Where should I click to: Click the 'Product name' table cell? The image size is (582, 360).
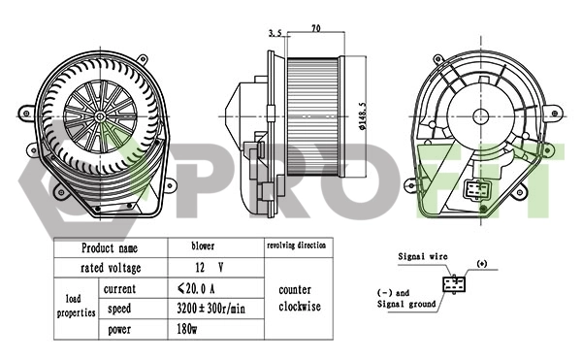tap(109, 248)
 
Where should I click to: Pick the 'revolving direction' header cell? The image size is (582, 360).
tap(296, 247)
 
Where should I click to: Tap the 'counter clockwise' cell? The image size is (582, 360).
tap(295, 299)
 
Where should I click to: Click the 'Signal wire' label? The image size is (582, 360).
tap(424, 256)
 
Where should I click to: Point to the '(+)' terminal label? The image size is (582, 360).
tap(482, 263)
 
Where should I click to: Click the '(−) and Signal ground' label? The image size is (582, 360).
tap(406, 297)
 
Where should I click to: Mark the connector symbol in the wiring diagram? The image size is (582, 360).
tap(453, 284)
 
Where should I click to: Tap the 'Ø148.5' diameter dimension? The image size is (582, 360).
tap(361, 113)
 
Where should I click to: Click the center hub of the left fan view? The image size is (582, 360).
tap(102, 115)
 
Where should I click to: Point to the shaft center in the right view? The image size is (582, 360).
tap(479, 115)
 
